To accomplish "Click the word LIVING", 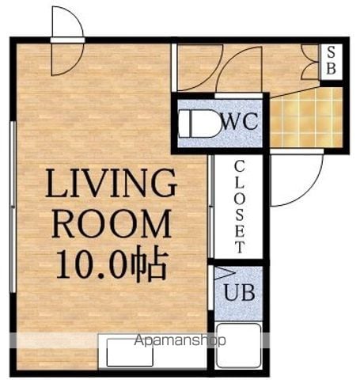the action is pos(111,183).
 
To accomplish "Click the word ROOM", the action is pos(112,224).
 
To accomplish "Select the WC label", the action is pos(240,121).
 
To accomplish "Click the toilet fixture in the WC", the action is pos(199,123).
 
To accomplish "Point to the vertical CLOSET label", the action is pos(240,207).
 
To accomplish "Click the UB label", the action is pos(240,292).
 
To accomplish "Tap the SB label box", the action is pos(332,61).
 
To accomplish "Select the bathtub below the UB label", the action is pos(239,346).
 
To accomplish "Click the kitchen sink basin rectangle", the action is pos(130,352).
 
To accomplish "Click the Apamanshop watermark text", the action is pos(180,340).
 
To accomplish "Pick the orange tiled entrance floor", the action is pos(306,118).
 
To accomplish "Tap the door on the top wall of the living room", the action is pos(68,41).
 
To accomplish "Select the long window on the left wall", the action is pos(13,207).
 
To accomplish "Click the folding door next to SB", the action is pos(310,62).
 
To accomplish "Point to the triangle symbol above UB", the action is pos(225,273).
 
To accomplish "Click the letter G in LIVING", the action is pos(163,183).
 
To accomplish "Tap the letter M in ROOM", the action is pos(157,224).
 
